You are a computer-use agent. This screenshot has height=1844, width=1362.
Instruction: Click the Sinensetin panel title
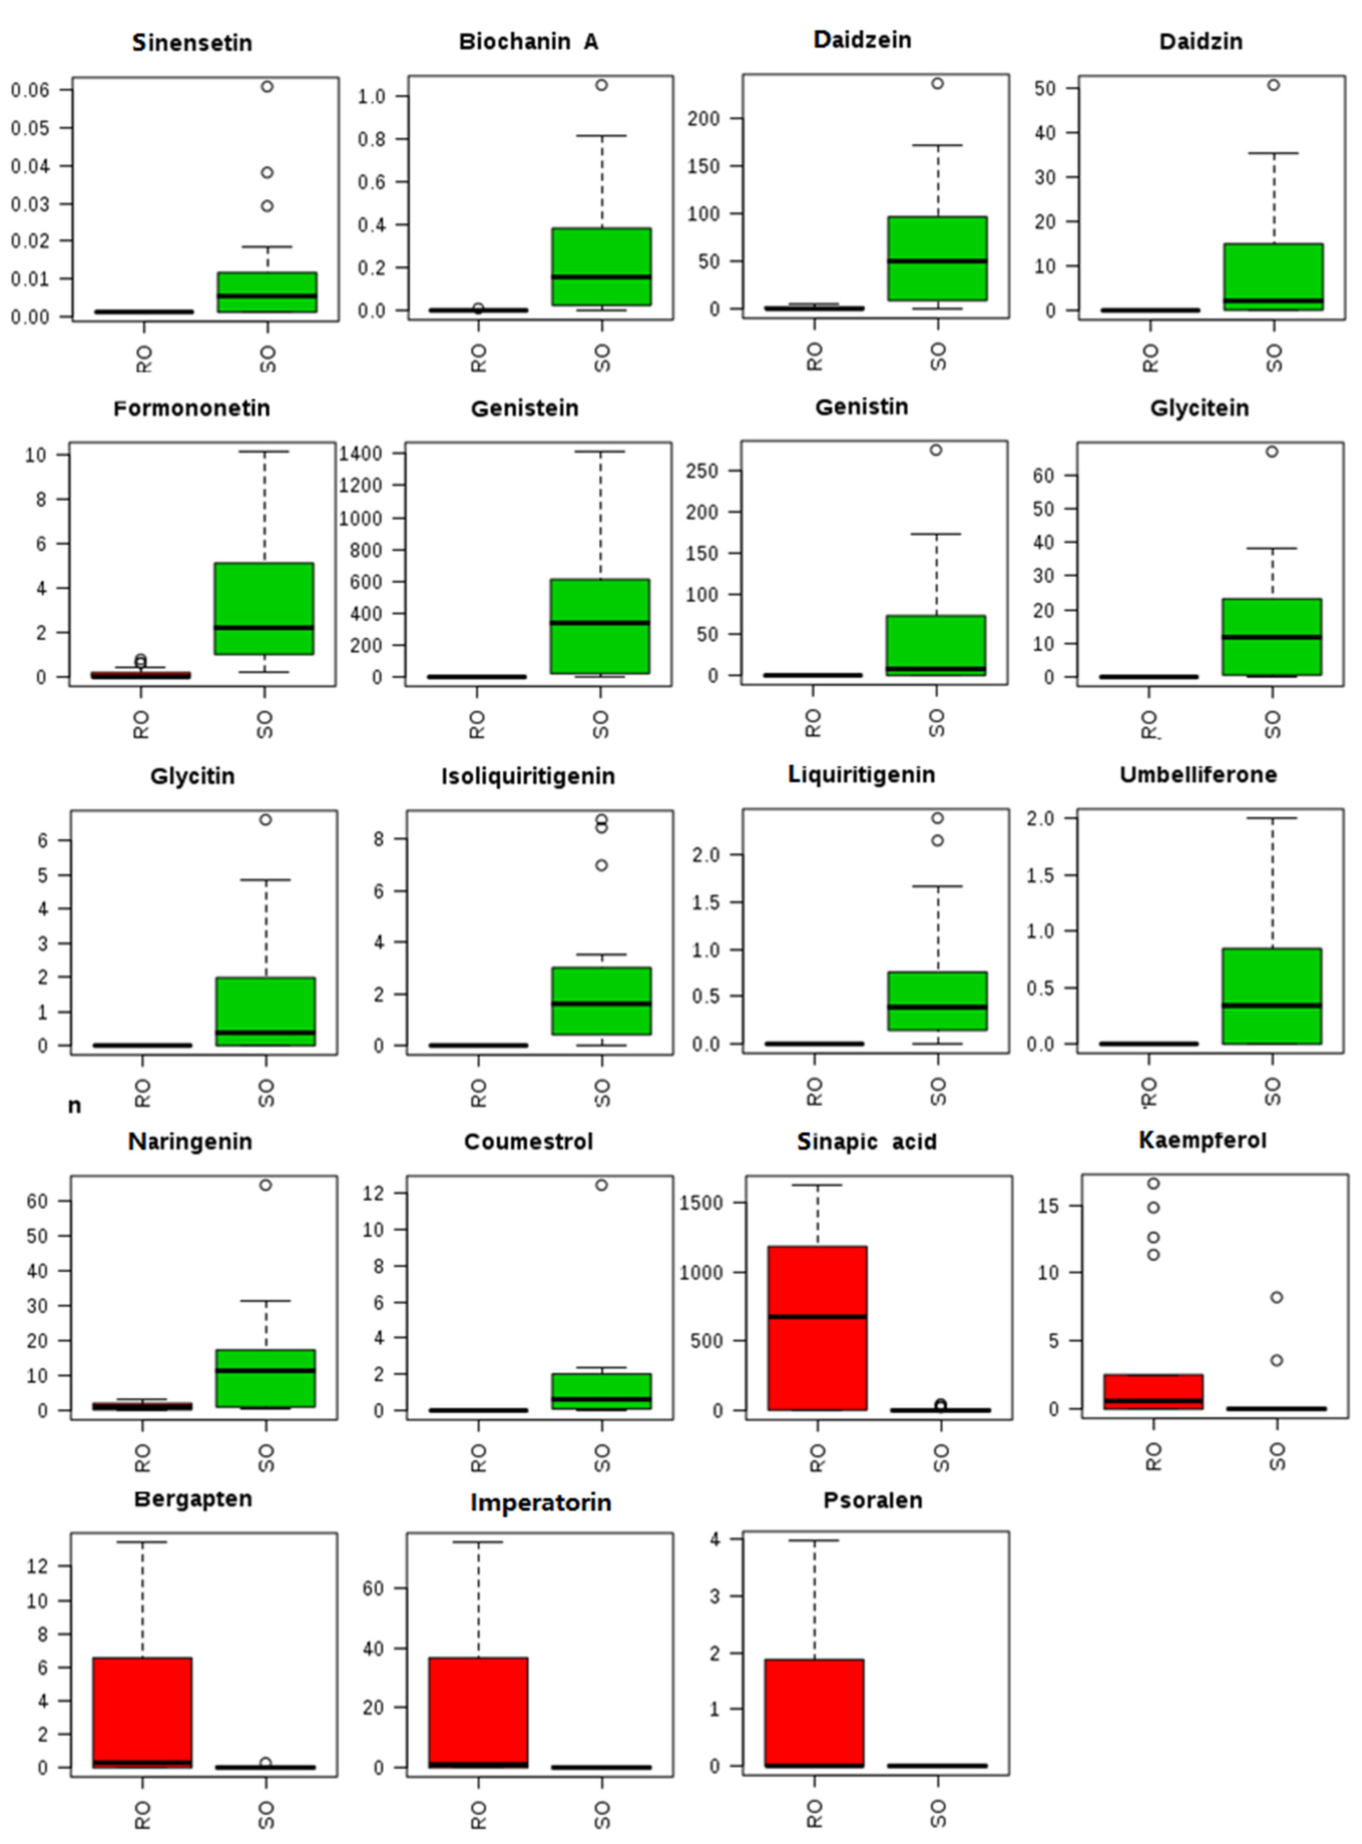click(192, 43)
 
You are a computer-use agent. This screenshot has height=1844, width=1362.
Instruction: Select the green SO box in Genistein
click(600, 627)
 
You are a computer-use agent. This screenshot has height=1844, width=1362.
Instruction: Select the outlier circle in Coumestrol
click(602, 1185)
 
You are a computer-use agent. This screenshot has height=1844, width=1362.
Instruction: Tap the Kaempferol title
click(1202, 1140)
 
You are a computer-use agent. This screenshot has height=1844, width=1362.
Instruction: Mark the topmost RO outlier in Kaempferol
click(1153, 1183)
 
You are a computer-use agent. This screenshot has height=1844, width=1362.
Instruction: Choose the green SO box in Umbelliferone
click(1272, 996)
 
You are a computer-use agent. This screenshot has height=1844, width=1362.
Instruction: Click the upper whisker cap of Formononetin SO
click(264, 452)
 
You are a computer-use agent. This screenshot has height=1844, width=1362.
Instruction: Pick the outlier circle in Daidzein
click(937, 83)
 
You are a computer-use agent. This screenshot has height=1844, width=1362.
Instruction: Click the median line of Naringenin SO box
click(265, 1370)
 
